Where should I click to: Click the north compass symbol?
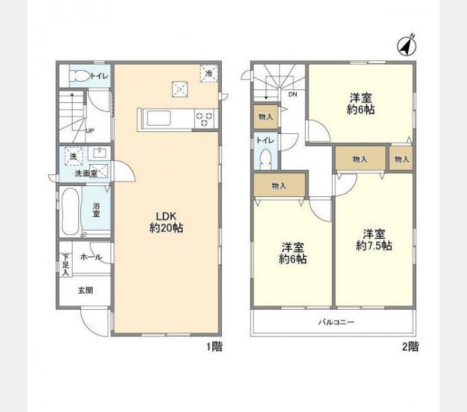407,45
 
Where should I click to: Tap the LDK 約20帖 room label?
166,222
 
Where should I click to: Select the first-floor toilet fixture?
80,76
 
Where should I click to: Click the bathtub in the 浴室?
71,211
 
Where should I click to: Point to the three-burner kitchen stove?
205,119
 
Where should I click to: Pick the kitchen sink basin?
159,118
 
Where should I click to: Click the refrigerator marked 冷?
209,73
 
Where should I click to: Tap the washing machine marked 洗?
73,157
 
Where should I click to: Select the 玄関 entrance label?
85,290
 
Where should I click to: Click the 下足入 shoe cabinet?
65,264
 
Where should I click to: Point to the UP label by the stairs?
90,130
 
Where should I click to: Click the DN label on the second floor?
293,94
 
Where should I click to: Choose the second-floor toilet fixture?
265,159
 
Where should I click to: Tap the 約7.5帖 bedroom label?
374,240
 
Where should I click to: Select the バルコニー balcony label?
337,322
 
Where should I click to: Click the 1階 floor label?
214,347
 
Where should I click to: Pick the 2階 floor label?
411,347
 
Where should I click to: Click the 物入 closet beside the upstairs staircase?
266,117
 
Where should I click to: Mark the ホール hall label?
91,257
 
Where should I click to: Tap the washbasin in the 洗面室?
100,153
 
